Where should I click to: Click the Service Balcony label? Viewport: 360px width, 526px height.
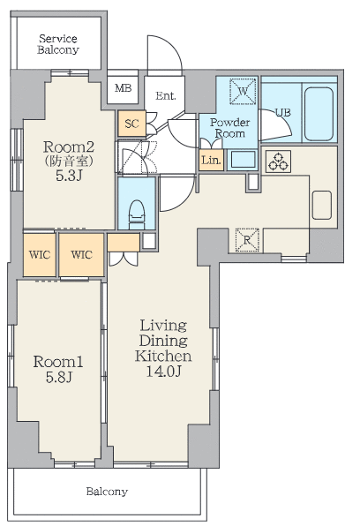58,44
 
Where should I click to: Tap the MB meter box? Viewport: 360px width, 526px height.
123,88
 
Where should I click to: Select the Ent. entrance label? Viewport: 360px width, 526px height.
165,96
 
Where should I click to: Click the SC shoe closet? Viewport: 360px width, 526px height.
131,124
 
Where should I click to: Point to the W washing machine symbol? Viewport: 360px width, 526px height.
243,91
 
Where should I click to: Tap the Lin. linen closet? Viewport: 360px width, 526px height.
212,160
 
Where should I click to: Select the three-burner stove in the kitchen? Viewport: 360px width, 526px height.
278,162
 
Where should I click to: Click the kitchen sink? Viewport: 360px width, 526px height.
322,205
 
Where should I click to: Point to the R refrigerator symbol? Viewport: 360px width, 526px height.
247,240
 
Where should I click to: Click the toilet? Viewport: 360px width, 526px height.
137,214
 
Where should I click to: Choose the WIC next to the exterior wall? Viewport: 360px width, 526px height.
40,254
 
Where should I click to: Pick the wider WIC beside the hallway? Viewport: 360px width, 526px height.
81,254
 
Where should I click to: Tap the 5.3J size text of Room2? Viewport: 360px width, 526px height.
69,176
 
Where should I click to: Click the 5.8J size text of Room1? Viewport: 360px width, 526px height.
59,378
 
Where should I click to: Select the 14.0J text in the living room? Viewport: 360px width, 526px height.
163,371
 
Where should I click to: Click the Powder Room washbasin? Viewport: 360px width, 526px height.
243,160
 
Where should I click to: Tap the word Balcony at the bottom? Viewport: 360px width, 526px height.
107,492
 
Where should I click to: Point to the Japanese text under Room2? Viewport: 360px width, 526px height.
69,162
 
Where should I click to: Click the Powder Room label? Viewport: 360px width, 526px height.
229,128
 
